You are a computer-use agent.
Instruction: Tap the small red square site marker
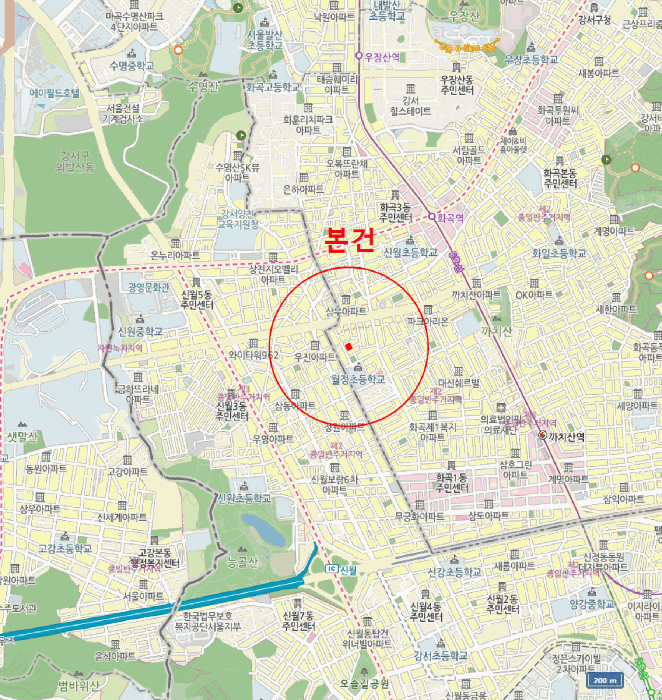click(x=348, y=346)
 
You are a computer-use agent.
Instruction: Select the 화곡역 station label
click(x=449, y=215)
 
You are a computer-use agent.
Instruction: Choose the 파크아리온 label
click(x=428, y=320)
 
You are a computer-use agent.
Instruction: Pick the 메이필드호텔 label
click(x=54, y=92)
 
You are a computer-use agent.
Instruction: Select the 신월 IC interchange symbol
click(x=331, y=569)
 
